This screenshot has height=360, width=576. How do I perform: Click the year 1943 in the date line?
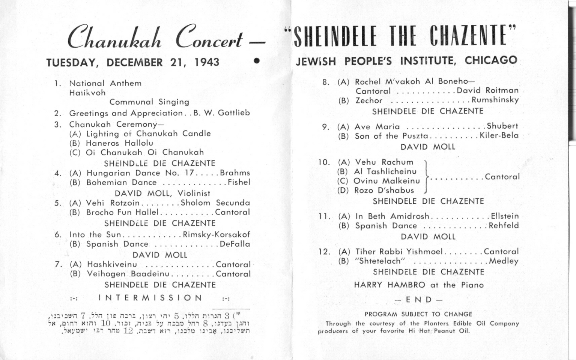[207, 62]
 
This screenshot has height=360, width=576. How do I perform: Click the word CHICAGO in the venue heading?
[491, 60]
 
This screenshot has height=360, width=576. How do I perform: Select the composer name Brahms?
[235, 173]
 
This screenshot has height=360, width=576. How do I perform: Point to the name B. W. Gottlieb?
[221, 113]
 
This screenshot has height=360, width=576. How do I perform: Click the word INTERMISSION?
[151, 298]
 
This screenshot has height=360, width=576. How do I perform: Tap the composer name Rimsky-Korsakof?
[216, 235]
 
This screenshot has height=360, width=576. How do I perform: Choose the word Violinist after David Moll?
[194, 193]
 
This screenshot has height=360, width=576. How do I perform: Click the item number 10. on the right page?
[324, 162]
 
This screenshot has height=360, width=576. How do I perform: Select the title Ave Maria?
[377, 127]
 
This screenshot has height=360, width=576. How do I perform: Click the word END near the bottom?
[419, 300]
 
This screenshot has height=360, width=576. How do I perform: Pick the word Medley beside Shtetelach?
[504, 261]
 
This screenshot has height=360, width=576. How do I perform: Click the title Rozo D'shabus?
[384, 190]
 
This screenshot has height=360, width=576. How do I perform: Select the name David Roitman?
[487, 90]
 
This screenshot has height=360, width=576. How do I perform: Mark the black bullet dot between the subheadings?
[257, 60]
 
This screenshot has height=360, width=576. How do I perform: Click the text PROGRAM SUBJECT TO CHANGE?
[418, 314]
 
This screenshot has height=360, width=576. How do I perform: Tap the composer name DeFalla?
[235, 244]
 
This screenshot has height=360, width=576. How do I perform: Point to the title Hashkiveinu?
[112, 264]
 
